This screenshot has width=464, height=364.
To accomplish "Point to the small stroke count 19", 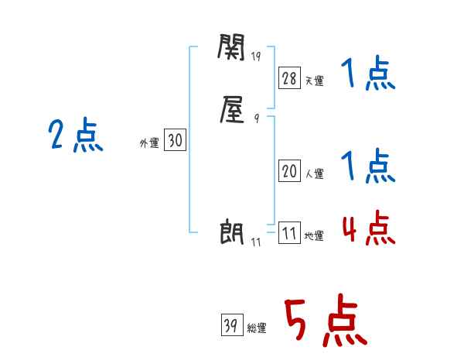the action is tap(257, 57).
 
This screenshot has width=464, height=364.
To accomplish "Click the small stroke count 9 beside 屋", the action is tap(256, 118).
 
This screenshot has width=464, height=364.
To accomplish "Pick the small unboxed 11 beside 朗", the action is tap(256, 242).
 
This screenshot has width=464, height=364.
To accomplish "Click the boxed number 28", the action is tap(289, 77).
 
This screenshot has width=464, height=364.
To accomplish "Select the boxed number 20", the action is tap(289, 172).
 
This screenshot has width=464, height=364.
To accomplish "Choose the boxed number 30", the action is tap(175, 140).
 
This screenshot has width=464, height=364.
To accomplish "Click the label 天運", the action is tap(314, 81).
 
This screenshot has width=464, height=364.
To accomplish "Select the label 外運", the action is tap(149, 143).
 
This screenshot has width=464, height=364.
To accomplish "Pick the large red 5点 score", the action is tap(326, 322).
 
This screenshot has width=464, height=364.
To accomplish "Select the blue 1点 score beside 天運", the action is tap(368, 75).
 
